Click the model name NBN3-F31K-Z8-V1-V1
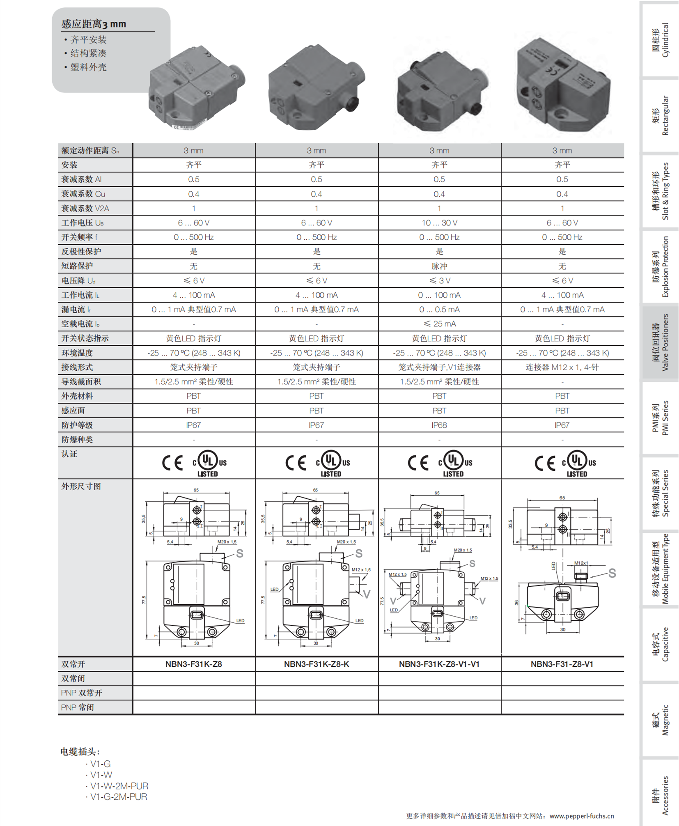[439, 664]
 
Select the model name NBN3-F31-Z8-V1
[562, 664]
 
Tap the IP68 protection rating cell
[439, 425]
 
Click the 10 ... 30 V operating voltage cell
[439, 223]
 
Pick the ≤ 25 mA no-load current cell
[439, 324]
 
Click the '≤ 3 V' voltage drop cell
[439, 280]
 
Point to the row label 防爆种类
[77, 439]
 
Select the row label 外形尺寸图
[81, 486]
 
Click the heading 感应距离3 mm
[94, 24]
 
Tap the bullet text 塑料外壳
[88, 67]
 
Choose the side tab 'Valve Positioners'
[661, 342]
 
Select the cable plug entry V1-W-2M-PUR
[119, 786]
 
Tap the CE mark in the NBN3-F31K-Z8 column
[172, 463]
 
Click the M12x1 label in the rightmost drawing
[581, 563]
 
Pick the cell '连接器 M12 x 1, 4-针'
[562, 367]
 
